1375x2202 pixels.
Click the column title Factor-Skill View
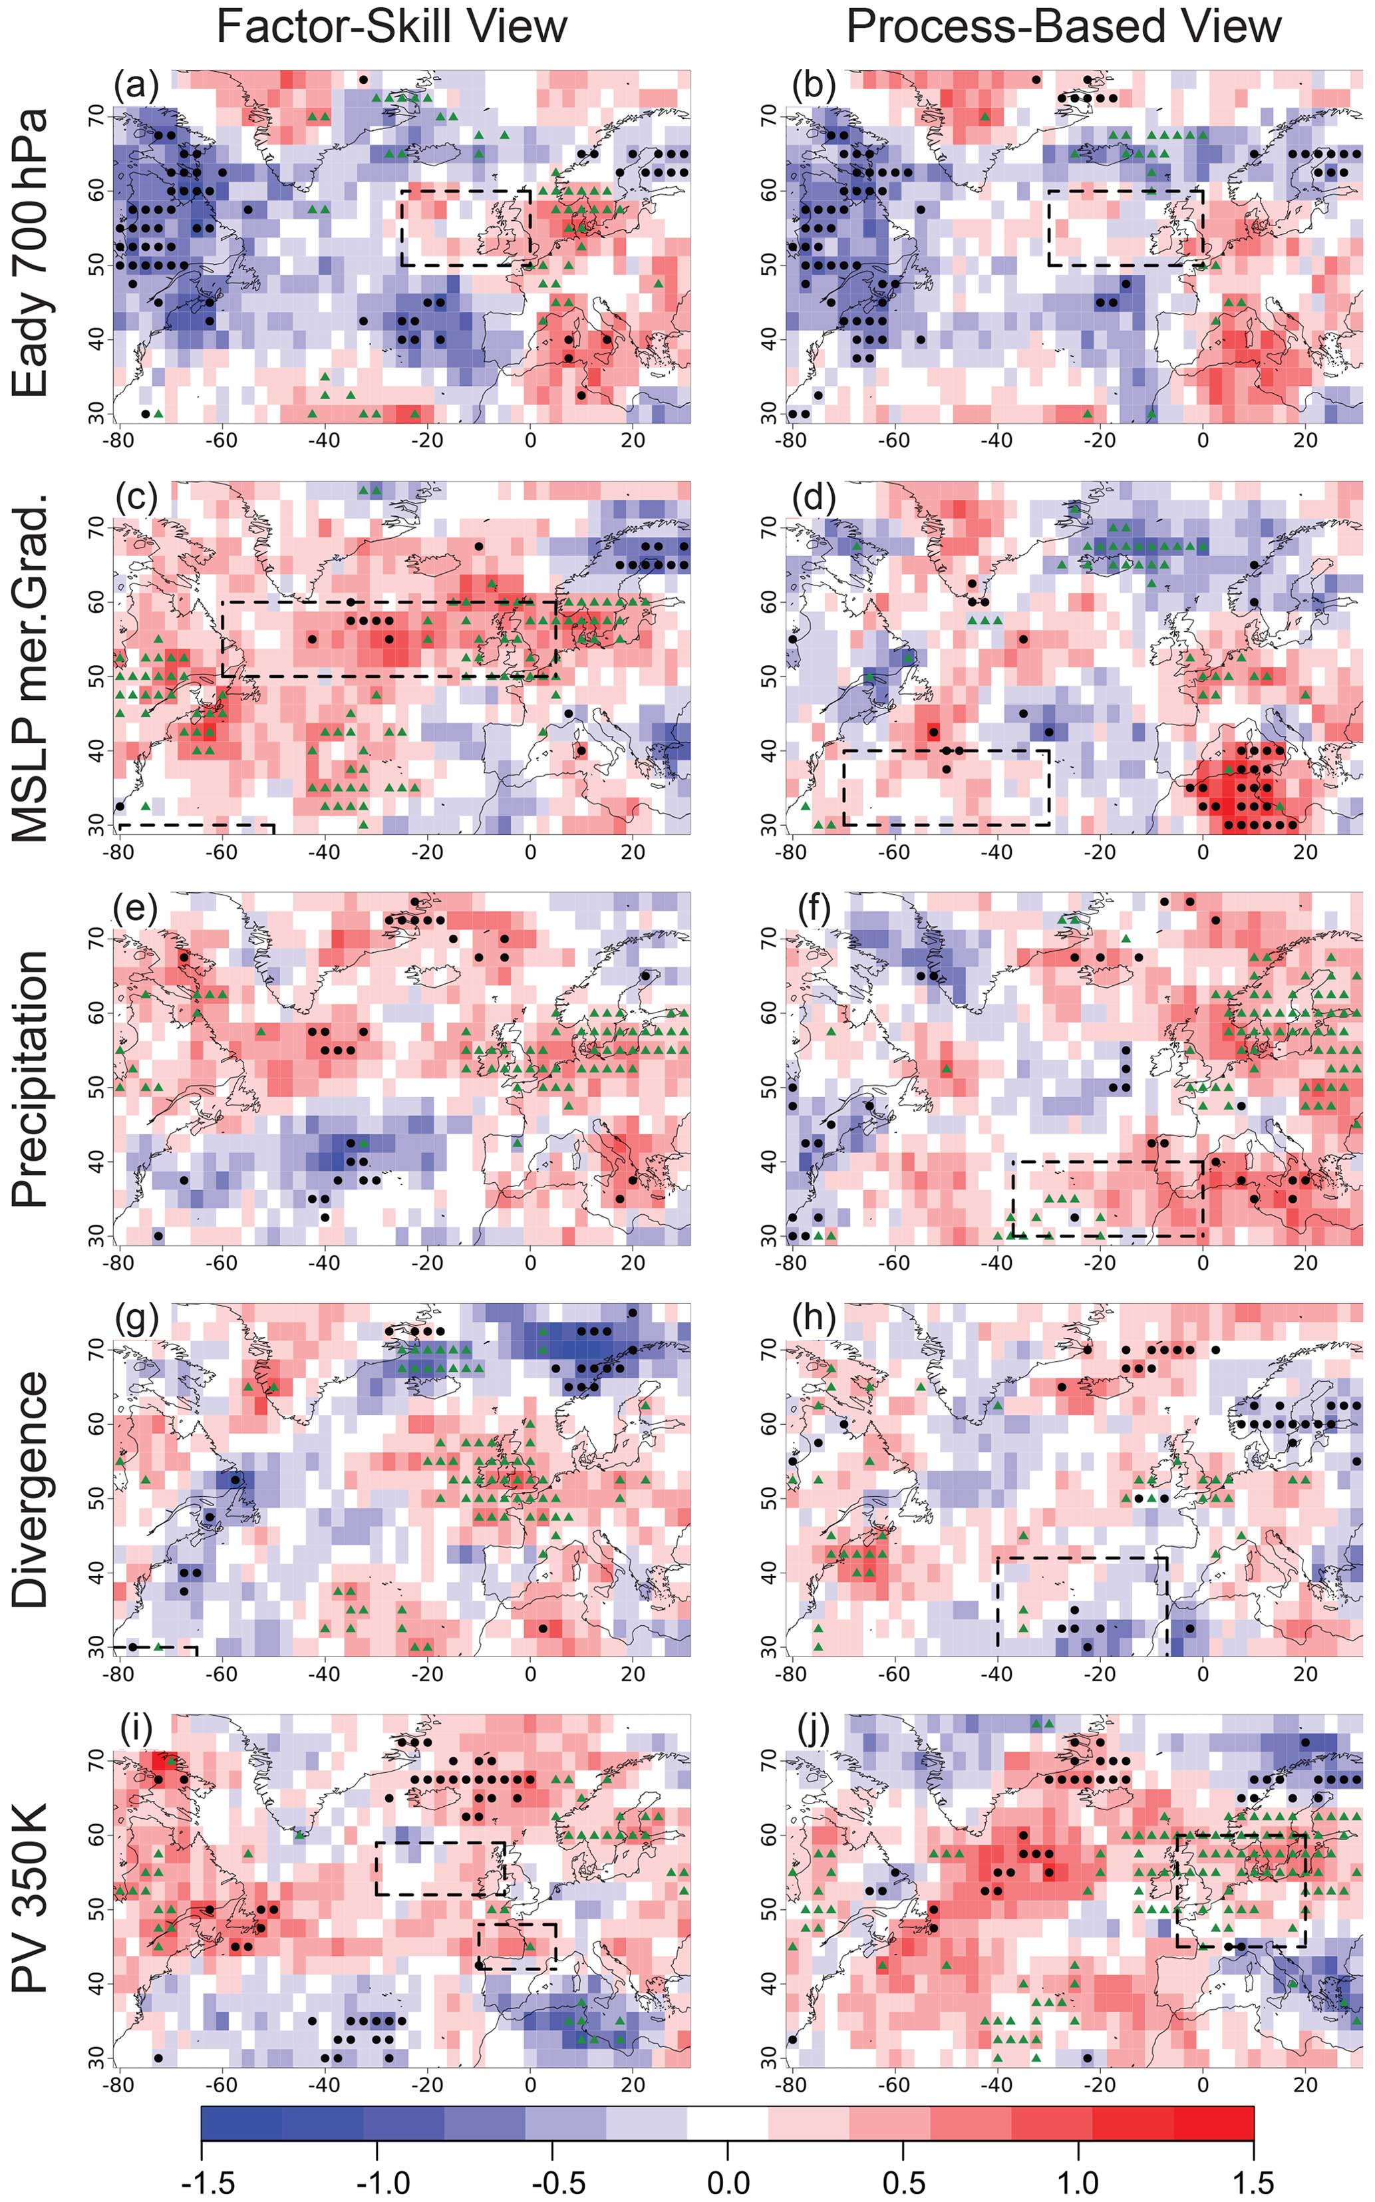tap(391, 27)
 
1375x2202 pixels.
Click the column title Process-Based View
tap(1063, 27)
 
